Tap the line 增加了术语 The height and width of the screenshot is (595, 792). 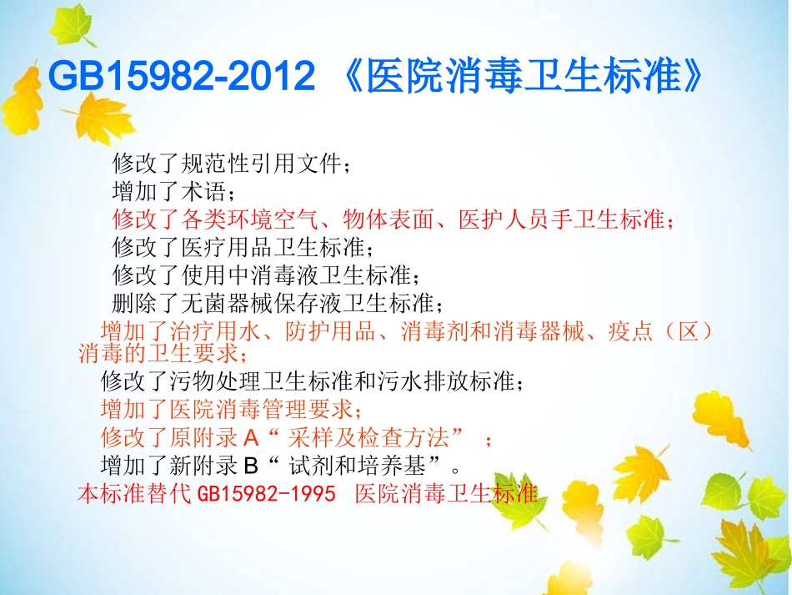click(169, 192)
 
